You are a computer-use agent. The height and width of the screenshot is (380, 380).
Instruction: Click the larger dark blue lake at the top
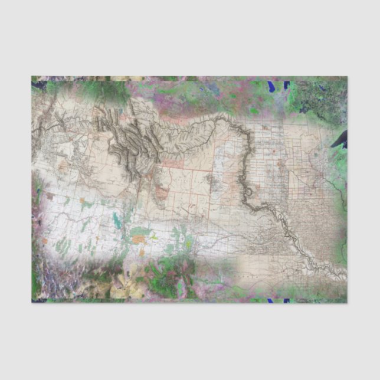point(271,87)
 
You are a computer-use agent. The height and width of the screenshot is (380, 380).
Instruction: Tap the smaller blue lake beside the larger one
point(287,85)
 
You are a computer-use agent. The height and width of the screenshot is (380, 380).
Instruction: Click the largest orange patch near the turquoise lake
point(139,240)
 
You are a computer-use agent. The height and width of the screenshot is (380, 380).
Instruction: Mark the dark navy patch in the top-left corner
point(39,86)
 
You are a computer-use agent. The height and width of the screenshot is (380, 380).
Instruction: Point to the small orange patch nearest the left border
point(45,240)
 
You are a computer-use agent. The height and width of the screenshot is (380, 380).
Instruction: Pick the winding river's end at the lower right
point(343,278)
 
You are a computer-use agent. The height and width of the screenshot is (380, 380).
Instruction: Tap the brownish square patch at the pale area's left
point(51,195)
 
